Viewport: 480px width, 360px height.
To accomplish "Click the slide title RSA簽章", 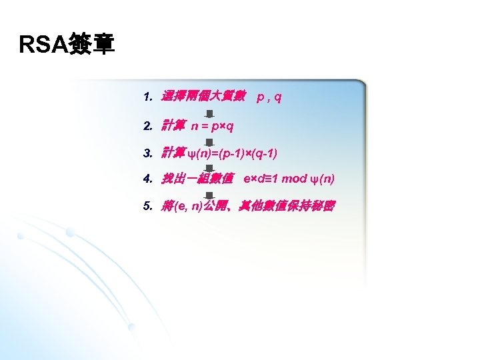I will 67,45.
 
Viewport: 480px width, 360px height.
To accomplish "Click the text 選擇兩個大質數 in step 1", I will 204,97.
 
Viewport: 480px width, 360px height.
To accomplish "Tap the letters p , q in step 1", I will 269,97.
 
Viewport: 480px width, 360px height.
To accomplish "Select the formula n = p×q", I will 212,125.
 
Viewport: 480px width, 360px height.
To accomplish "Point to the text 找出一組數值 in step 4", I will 197,179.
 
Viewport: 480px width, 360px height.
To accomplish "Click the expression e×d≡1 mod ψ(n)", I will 289,179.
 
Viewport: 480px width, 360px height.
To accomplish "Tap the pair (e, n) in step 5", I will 188,207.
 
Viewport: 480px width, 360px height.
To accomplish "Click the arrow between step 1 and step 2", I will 209,114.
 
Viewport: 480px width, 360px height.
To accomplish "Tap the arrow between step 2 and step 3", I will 209,142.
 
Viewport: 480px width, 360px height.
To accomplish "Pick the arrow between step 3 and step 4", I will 209,169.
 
